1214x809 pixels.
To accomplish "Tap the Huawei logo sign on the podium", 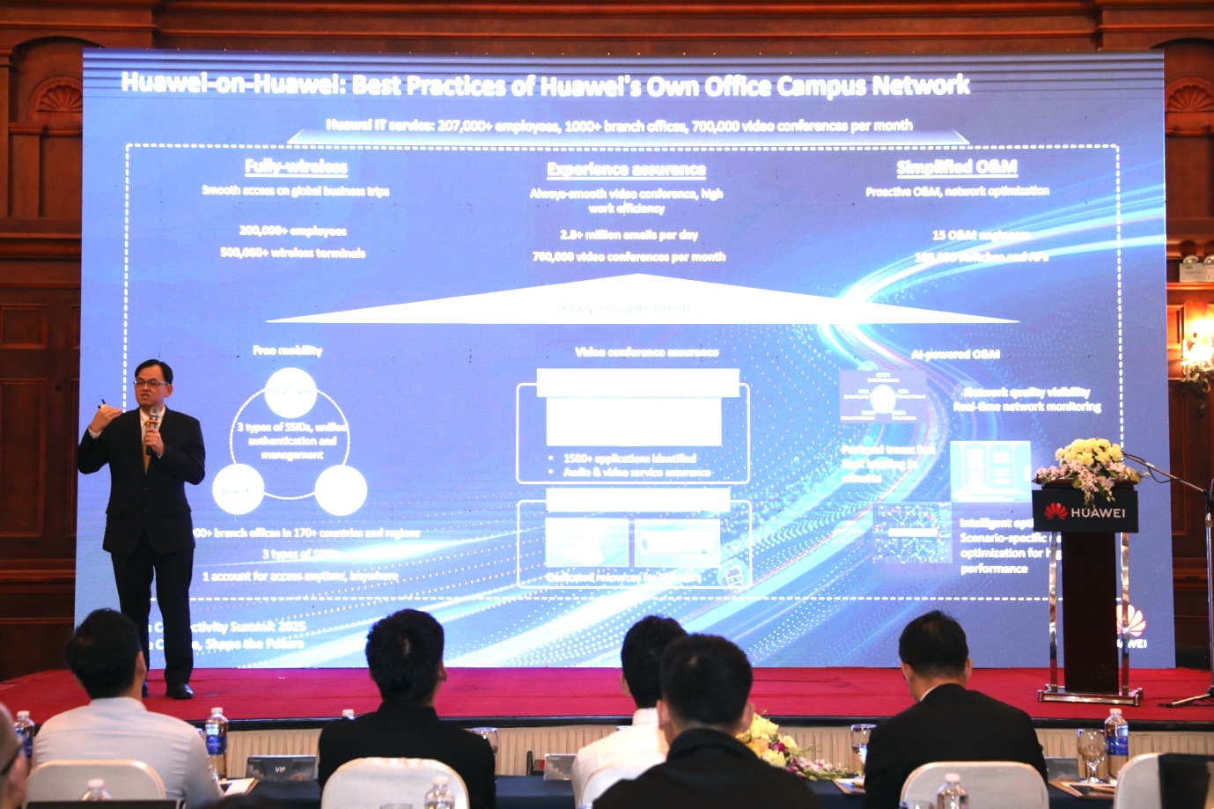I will tap(1085, 511).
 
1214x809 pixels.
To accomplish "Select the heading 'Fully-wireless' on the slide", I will tap(296, 167).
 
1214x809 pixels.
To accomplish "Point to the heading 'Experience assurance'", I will tap(626, 169).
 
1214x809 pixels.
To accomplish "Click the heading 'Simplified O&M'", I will tap(957, 167).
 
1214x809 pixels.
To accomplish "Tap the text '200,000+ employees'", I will tap(293, 231).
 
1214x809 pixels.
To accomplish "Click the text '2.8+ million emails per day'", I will tap(629, 234).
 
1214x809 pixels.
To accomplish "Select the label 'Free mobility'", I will tap(288, 350).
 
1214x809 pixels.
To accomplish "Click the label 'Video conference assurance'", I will tap(646, 352).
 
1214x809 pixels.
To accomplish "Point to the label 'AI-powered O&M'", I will tap(955, 354).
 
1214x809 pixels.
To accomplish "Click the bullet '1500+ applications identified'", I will tap(629, 458).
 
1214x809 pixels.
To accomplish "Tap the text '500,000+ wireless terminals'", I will tap(293, 253).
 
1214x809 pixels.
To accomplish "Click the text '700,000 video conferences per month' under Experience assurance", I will tap(629, 257).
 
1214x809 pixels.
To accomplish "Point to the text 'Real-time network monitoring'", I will tap(1026, 407).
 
